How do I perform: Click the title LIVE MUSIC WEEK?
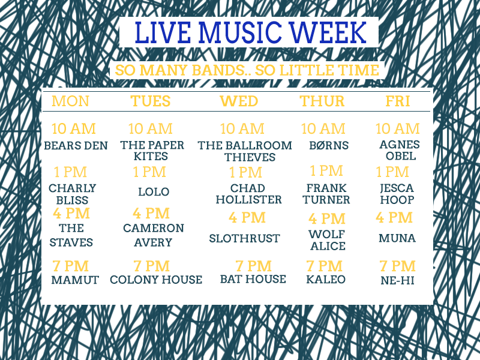pyautogui.click(x=250, y=32)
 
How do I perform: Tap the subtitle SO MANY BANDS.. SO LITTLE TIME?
pyautogui.click(x=247, y=70)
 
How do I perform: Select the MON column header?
pyautogui.click(x=70, y=101)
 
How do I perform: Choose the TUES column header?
pyautogui.click(x=151, y=101)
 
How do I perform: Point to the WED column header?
pyautogui.click(x=239, y=101)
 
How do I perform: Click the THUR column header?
pyautogui.click(x=322, y=101)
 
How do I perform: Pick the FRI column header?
pyautogui.click(x=397, y=101)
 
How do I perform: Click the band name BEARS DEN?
pyautogui.click(x=76, y=146)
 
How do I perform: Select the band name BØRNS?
pyautogui.click(x=329, y=145)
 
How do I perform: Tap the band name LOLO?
pyautogui.click(x=154, y=192)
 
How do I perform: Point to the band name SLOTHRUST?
pyautogui.click(x=244, y=238)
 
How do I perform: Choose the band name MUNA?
pyautogui.click(x=397, y=238)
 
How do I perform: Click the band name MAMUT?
pyautogui.click(x=75, y=280)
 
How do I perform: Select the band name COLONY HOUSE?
pyautogui.click(x=156, y=280)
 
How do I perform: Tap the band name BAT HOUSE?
pyautogui.click(x=253, y=279)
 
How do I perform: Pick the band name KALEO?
pyautogui.click(x=326, y=280)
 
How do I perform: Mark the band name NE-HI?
pyautogui.click(x=397, y=280)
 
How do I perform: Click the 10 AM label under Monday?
pyautogui.click(x=73, y=129)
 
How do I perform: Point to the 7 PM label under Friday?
pyautogui.click(x=397, y=266)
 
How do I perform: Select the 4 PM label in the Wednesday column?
pyautogui.click(x=247, y=218)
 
